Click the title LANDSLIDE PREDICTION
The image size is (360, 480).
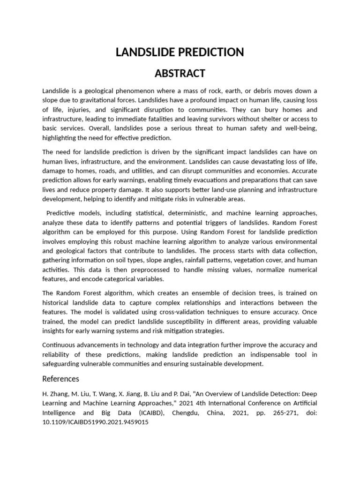180,52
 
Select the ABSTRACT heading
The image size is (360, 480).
180,74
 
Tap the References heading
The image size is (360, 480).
60,378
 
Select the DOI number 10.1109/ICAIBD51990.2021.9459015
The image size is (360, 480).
95,422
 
